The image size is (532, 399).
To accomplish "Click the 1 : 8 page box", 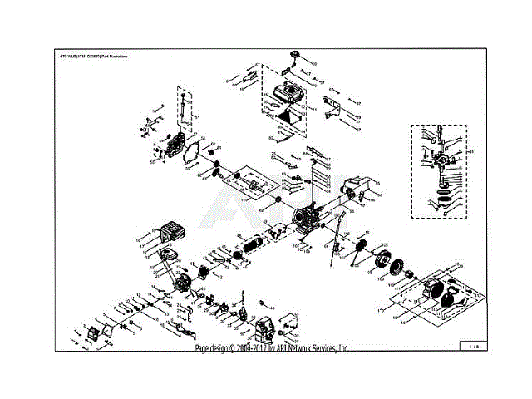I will [471, 343].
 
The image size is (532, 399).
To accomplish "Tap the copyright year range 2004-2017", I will [251, 349].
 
